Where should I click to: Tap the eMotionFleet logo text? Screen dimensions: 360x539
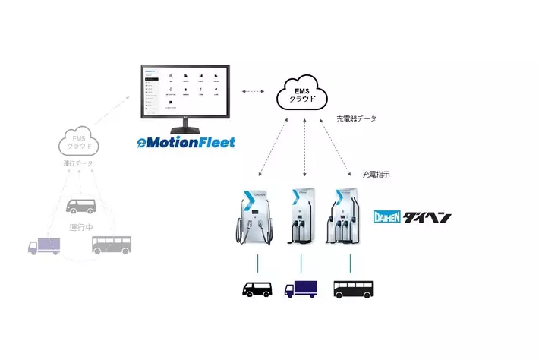pos(186,141)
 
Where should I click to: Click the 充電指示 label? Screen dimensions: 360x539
pos(377,174)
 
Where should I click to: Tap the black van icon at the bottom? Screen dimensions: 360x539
pos(257,289)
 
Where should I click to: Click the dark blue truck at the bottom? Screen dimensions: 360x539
pos(301,289)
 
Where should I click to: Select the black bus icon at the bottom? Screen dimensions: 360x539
pos(353,289)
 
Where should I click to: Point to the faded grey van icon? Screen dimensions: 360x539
pos(80,206)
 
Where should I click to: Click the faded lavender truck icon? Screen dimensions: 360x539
pos(44,246)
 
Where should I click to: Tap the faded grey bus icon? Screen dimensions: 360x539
pos(111,245)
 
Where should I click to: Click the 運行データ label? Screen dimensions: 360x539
pos(77,163)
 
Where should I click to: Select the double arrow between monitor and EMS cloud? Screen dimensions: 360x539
pos(254,92)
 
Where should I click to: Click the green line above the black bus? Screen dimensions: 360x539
pos(350,264)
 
